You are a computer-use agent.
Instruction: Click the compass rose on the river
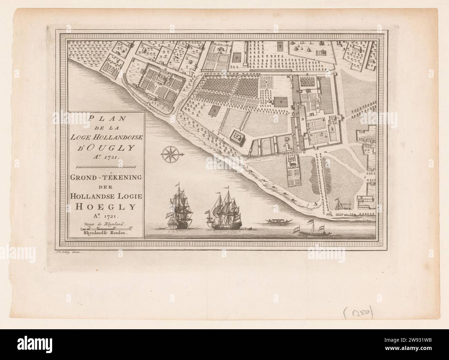coord(170,153)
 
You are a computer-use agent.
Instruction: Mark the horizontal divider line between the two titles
coord(107,167)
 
